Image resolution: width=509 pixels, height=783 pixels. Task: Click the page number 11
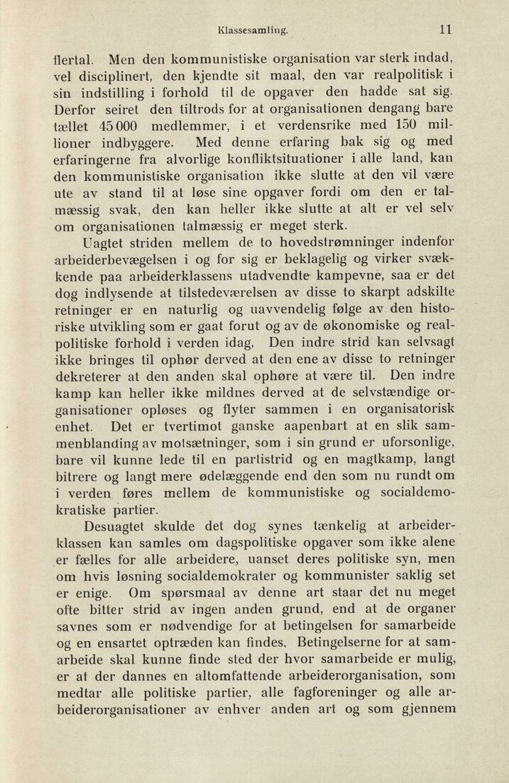coord(445,30)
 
